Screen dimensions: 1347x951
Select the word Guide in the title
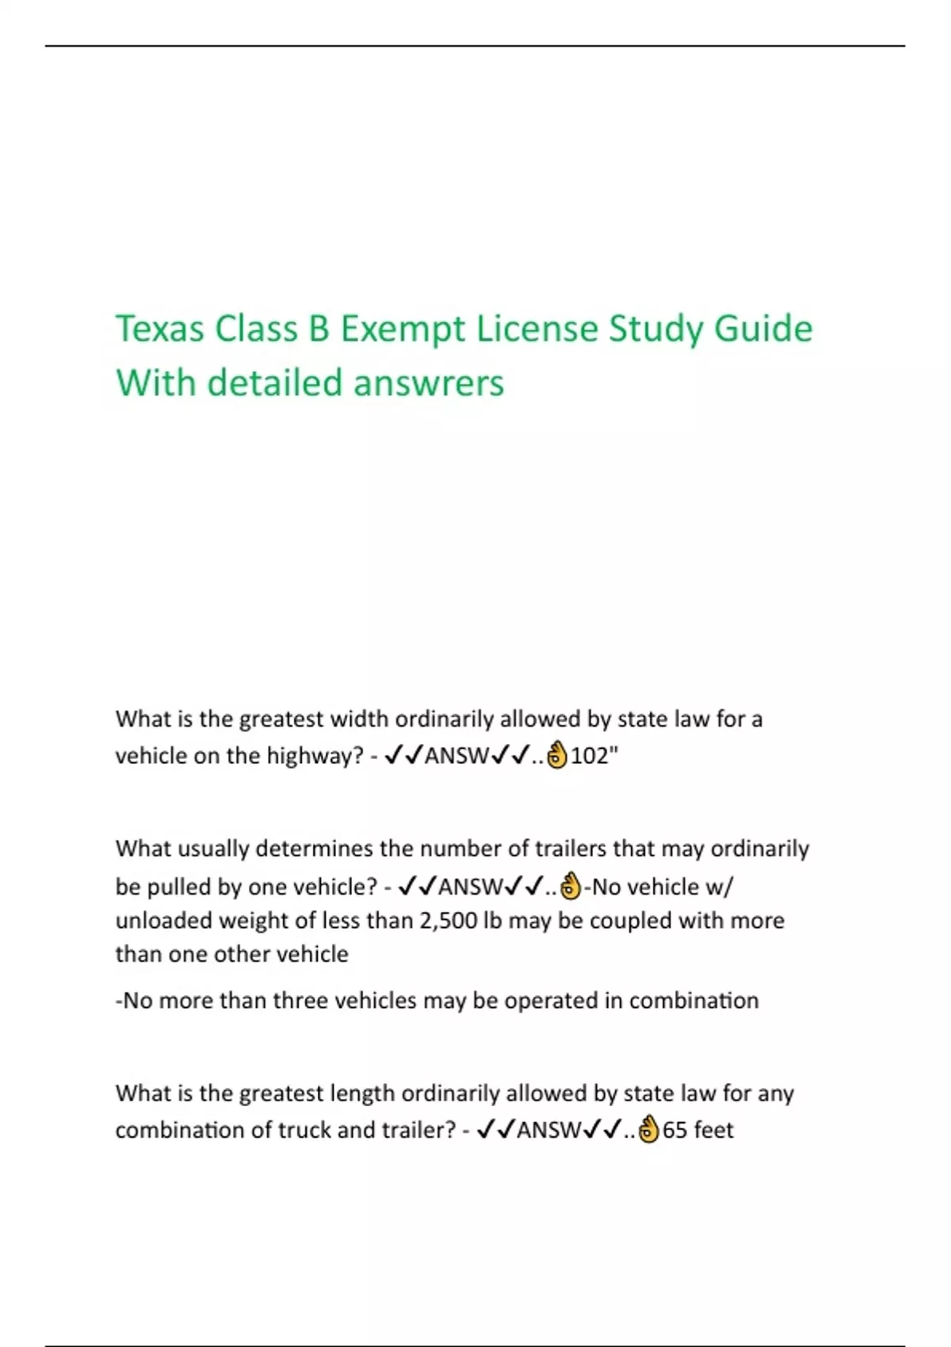763,329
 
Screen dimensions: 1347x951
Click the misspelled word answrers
429,383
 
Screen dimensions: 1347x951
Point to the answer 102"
594,756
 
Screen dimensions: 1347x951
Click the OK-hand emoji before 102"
558,756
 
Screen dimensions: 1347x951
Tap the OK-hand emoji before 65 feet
649,1130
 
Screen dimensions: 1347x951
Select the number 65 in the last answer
674,1130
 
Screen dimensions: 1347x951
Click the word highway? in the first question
315,756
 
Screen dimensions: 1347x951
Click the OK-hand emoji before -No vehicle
571,887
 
